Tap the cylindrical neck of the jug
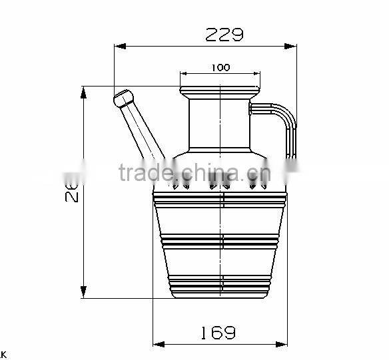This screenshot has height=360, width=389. (220, 123)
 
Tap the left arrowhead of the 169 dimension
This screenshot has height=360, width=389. (159, 344)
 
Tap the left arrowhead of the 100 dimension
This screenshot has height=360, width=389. (184, 74)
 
